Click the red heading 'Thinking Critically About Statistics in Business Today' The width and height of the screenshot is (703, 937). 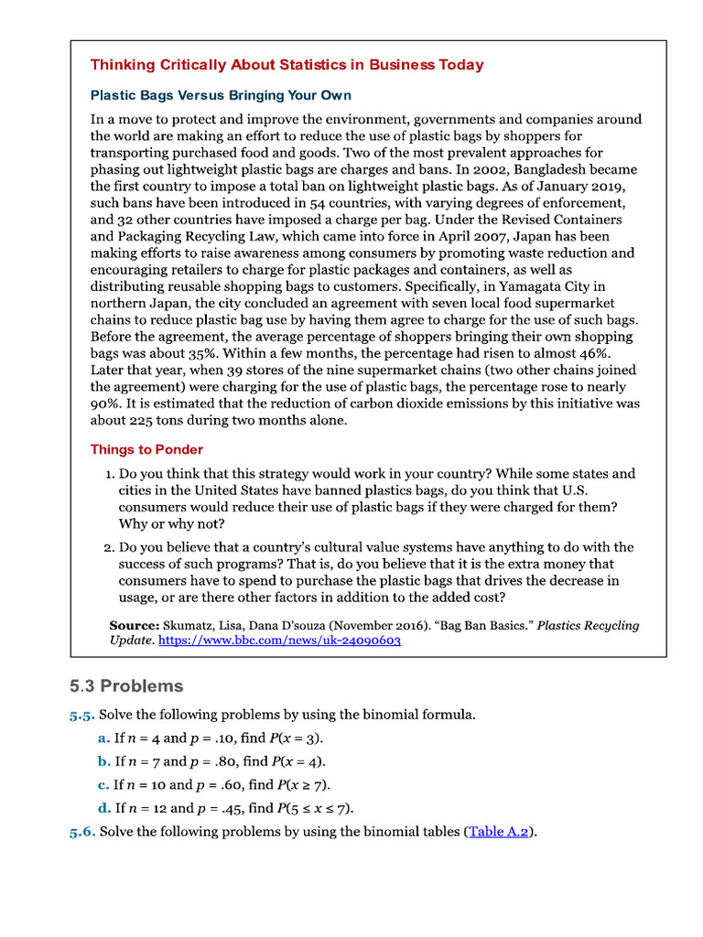[287, 65]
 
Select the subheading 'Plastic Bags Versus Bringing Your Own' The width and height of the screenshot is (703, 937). [221, 95]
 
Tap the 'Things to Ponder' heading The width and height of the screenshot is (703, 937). [146, 449]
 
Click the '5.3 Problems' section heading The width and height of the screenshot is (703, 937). [126, 686]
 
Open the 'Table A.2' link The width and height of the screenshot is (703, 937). [499, 832]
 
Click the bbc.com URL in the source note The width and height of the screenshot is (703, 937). [279, 641]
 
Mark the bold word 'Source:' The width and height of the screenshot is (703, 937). [135, 626]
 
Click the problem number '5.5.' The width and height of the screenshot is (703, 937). [81, 715]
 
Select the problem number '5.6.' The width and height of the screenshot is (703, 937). [81, 832]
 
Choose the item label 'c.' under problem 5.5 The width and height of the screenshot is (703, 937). [104, 785]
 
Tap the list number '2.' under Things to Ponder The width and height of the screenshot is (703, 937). [109, 547]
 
